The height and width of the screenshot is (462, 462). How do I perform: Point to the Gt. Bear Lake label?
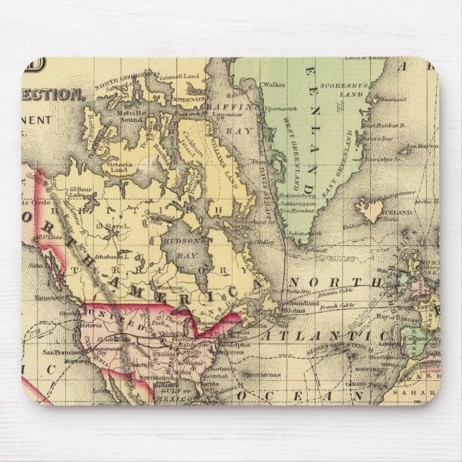pos(80,190)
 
